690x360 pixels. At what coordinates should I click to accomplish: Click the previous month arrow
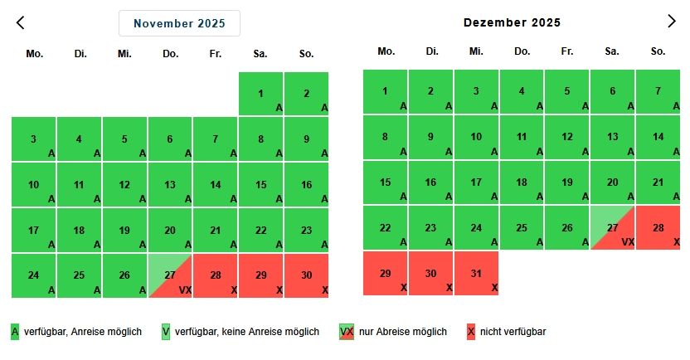click(21, 22)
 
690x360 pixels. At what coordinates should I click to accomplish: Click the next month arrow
click(672, 22)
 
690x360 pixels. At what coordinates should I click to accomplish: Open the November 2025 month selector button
click(179, 23)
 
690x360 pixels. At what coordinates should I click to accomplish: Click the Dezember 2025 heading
click(512, 22)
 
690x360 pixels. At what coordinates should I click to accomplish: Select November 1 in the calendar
click(260, 94)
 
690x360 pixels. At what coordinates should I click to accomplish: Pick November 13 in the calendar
click(170, 185)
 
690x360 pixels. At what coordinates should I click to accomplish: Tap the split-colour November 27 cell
click(170, 275)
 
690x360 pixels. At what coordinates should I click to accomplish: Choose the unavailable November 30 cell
click(306, 275)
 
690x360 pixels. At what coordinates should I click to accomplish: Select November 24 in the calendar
click(34, 275)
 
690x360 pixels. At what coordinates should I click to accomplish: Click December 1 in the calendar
click(386, 91)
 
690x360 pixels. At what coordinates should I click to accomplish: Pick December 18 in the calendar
click(522, 182)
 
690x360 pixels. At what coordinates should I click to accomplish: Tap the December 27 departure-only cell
click(612, 228)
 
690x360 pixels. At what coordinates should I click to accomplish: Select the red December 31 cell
click(476, 273)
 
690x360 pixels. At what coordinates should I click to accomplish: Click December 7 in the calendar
click(658, 91)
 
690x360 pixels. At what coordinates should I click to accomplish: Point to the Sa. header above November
click(260, 54)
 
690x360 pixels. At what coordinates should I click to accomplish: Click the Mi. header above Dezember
click(476, 51)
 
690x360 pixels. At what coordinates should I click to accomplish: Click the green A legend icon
click(15, 332)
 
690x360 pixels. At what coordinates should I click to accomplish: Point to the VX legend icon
click(347, 332)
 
